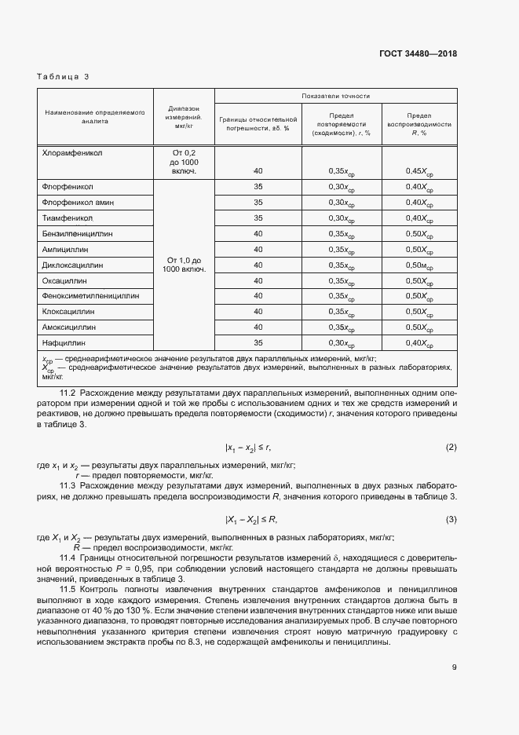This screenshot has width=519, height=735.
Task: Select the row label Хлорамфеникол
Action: click(73, 154)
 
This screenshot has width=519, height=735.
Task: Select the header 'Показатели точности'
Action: click(335, 96)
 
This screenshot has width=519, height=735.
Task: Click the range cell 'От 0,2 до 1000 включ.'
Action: click(184, 162)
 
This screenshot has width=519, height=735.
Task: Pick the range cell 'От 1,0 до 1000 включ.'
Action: click(184, 265)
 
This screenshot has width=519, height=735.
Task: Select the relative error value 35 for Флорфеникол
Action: click(258, 188)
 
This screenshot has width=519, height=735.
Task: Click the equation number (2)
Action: click(451, 448)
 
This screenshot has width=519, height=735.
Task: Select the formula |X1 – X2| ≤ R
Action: click(251, 520)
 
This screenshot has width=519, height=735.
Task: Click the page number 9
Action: click(454, 668)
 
